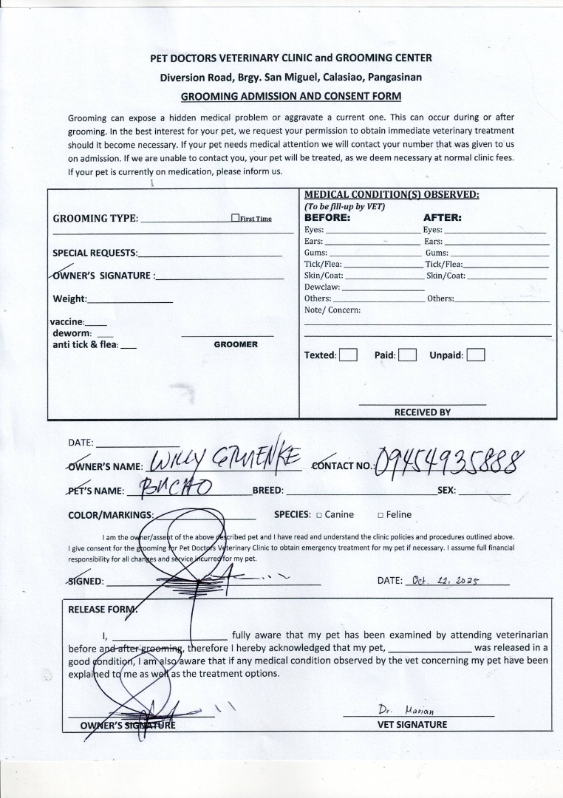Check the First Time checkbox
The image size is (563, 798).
coord(235,218)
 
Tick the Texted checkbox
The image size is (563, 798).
coord(348,355)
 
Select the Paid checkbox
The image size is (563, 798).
coord(408,355)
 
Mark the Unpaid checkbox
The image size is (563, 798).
coord(476,355)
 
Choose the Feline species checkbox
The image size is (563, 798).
coord(380,515)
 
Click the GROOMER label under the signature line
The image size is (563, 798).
coord(236,344)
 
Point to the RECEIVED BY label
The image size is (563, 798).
coord(422,412)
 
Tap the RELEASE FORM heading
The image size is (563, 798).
coord(103,610)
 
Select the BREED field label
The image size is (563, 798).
coord(268,491)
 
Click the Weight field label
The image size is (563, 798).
coord(70,299)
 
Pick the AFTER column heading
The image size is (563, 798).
coord(442,218)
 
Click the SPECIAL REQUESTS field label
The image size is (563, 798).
coord(95,253)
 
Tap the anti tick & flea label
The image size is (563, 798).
coord(85,344)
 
